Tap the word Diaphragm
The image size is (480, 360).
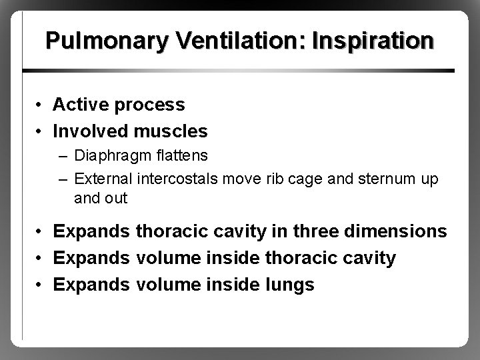pos(108,156)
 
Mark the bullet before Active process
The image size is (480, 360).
pos(40,105)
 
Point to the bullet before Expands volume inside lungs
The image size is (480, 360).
pos(40,285)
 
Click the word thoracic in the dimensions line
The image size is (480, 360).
pos(175,231)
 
